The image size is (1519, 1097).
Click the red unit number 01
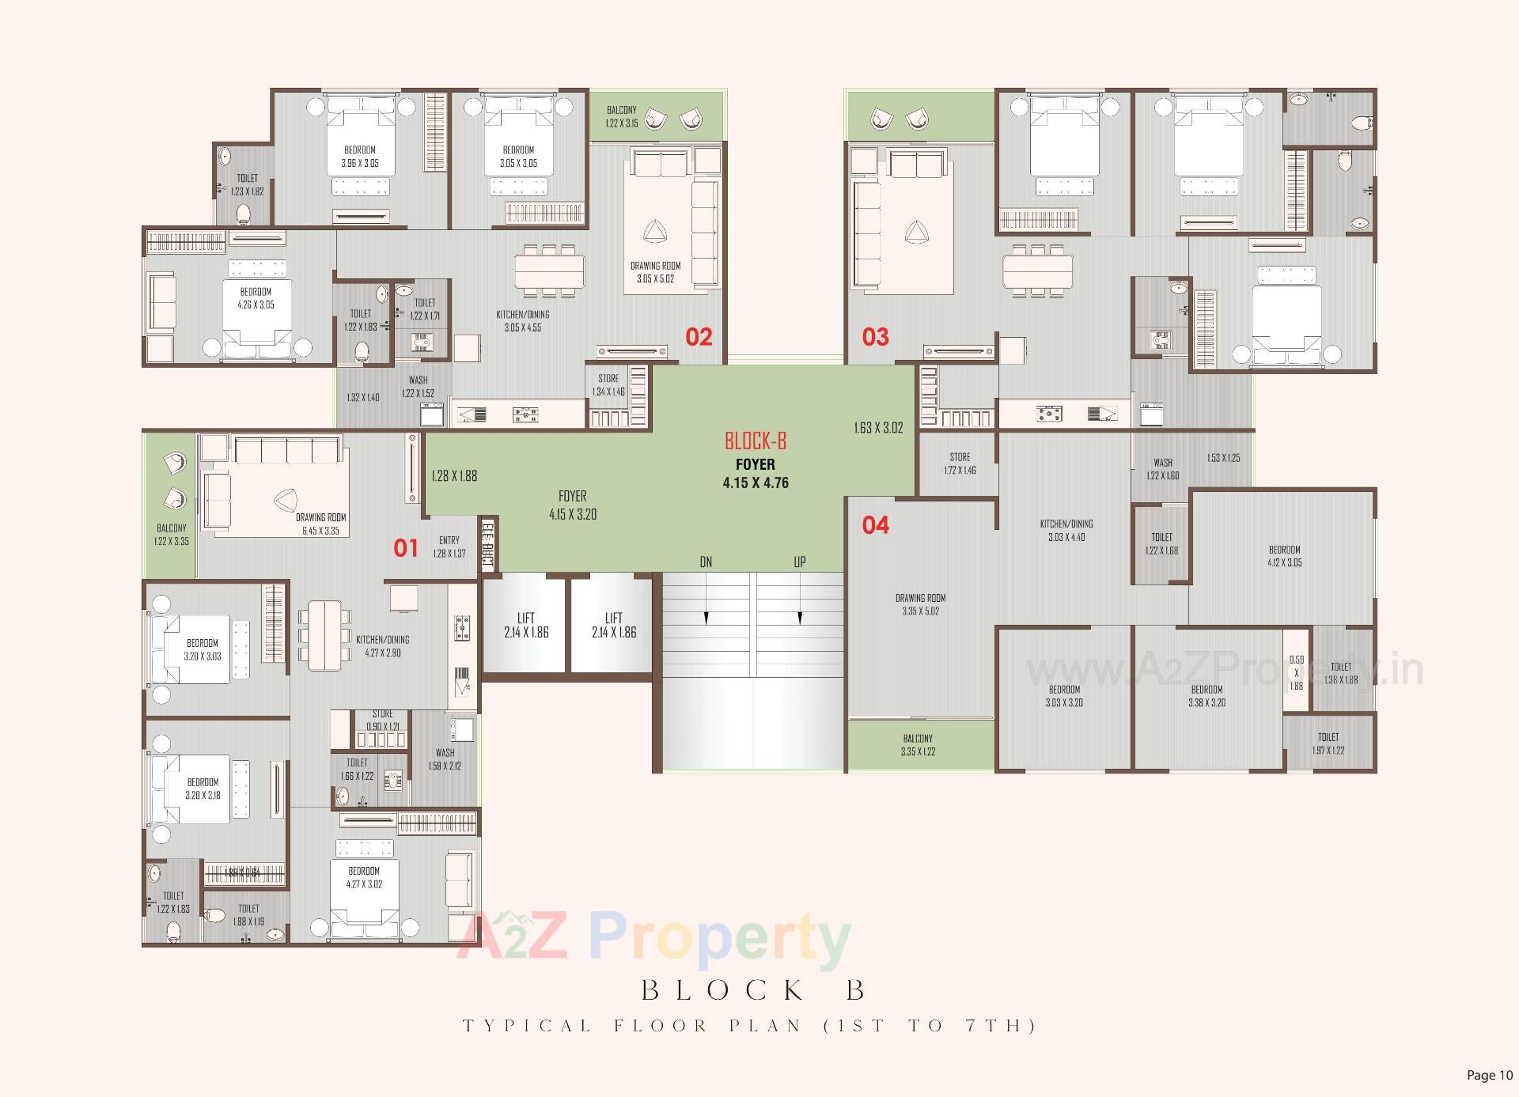coord(406,547)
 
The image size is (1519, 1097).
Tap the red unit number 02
coord(699,337)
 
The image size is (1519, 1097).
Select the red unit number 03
coord(875,337)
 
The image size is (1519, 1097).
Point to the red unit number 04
coord(875,525)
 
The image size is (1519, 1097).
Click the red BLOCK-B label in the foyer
coord(756,441)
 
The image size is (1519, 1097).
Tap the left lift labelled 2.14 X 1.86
coord(526,625)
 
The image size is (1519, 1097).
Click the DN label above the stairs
coord(706,562)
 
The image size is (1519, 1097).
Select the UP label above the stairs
coord(800,562)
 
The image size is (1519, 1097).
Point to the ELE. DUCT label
coord(487,544)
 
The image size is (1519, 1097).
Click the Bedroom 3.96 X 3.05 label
coord(360,157)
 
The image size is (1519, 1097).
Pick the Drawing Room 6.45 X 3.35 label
coord(320,524)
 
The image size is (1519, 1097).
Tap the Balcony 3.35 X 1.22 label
coord(918,745)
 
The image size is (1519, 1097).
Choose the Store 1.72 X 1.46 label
coord(960,463)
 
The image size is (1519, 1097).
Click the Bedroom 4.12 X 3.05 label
coord(1284,556)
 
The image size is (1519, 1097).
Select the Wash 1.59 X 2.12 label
coord(445,759)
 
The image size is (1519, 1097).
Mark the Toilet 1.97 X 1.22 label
coord(1328,743)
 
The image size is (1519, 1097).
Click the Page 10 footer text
coord(1489,1075)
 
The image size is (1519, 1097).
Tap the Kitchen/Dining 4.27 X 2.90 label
coord(383,646)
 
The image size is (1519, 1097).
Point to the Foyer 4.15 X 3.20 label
coord(573,505)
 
